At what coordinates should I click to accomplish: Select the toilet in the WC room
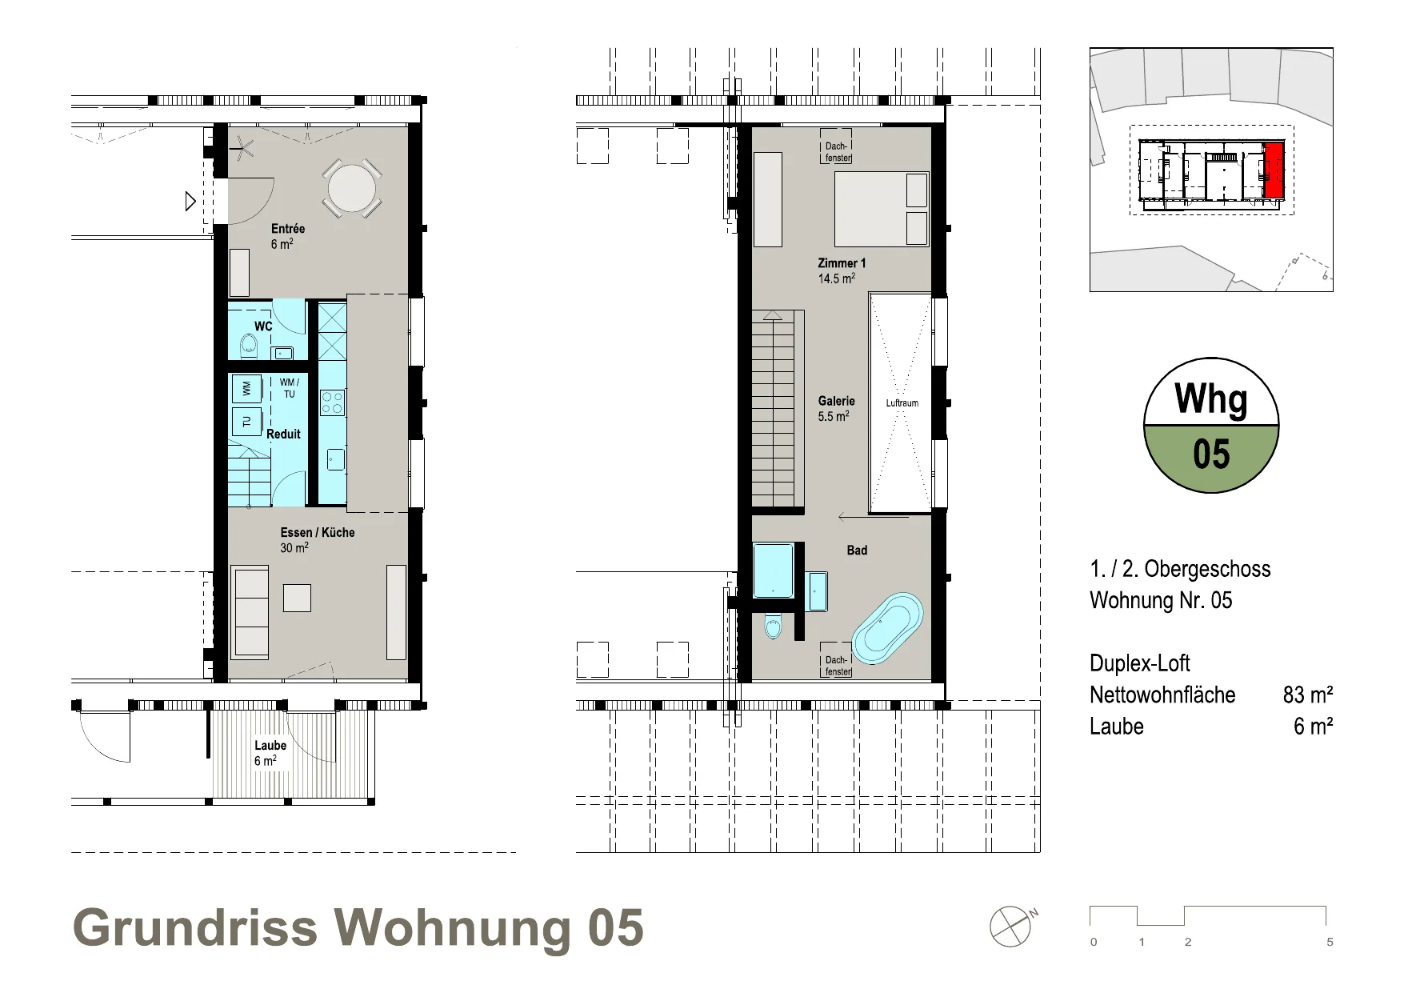(x=249, y=345)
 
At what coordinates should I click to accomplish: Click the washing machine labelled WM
(x=246, y=388)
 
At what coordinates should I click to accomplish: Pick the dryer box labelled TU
(x=246, y=421)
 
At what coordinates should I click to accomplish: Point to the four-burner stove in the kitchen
(x=332, y=402)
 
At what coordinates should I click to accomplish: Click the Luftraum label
(x=902, y=403)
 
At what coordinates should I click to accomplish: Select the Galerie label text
(x=836, y=401)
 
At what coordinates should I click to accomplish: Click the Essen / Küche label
(x=317, y=532)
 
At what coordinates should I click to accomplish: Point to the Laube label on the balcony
(x=270, y=745)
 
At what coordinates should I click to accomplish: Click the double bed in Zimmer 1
(x=882, y=209)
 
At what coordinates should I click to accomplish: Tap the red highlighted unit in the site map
(x=1274, y=170)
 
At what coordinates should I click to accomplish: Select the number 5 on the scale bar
(x=1330, y=942)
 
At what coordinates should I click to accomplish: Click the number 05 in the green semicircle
(x=1211, y=454)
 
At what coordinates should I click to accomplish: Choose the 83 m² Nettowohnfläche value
(x=1308, y=695)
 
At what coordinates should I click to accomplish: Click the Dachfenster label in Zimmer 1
(x=837, y=152)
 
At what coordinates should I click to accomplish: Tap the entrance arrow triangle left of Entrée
(x=190, y=201)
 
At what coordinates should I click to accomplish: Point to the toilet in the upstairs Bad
(x=773, y=627)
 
